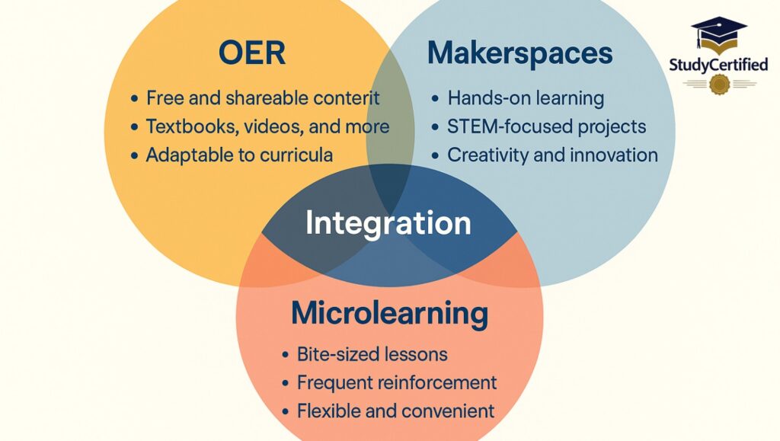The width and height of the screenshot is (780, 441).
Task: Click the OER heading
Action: coord(252,53)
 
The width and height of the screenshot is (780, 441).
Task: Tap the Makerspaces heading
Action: coord(519,53)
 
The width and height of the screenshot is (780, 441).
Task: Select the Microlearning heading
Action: coord(389,314)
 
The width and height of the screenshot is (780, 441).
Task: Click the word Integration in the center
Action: coord(388,223)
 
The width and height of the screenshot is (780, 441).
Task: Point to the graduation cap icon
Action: coord(719,35)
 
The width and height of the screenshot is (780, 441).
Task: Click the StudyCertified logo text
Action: coord(718,66)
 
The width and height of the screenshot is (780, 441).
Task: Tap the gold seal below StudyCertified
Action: coord(719,84)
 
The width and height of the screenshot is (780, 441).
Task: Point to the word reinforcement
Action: coord(436,383)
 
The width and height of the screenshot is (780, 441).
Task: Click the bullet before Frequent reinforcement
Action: coord(285,383)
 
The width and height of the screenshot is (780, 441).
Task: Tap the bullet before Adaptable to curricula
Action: coord(134,155)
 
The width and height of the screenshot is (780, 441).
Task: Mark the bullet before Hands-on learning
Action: coord(435,99)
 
